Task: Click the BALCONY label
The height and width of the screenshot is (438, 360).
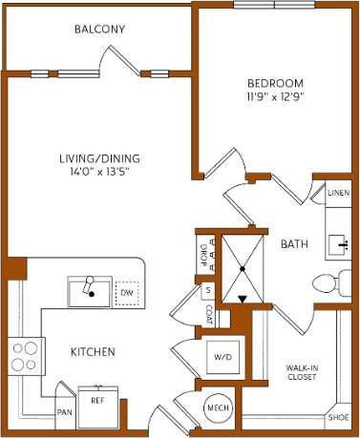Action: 99,29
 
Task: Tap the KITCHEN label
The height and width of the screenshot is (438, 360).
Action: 93,352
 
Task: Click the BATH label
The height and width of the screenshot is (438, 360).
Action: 293,245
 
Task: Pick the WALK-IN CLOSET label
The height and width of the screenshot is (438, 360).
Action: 302,371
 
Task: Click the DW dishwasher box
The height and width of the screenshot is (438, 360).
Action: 126,291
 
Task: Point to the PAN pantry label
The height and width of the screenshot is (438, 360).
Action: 64,412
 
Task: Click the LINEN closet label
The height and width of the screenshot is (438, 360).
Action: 337,194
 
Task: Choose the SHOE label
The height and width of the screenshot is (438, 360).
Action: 337,418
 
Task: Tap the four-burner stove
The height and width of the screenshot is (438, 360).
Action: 25,355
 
